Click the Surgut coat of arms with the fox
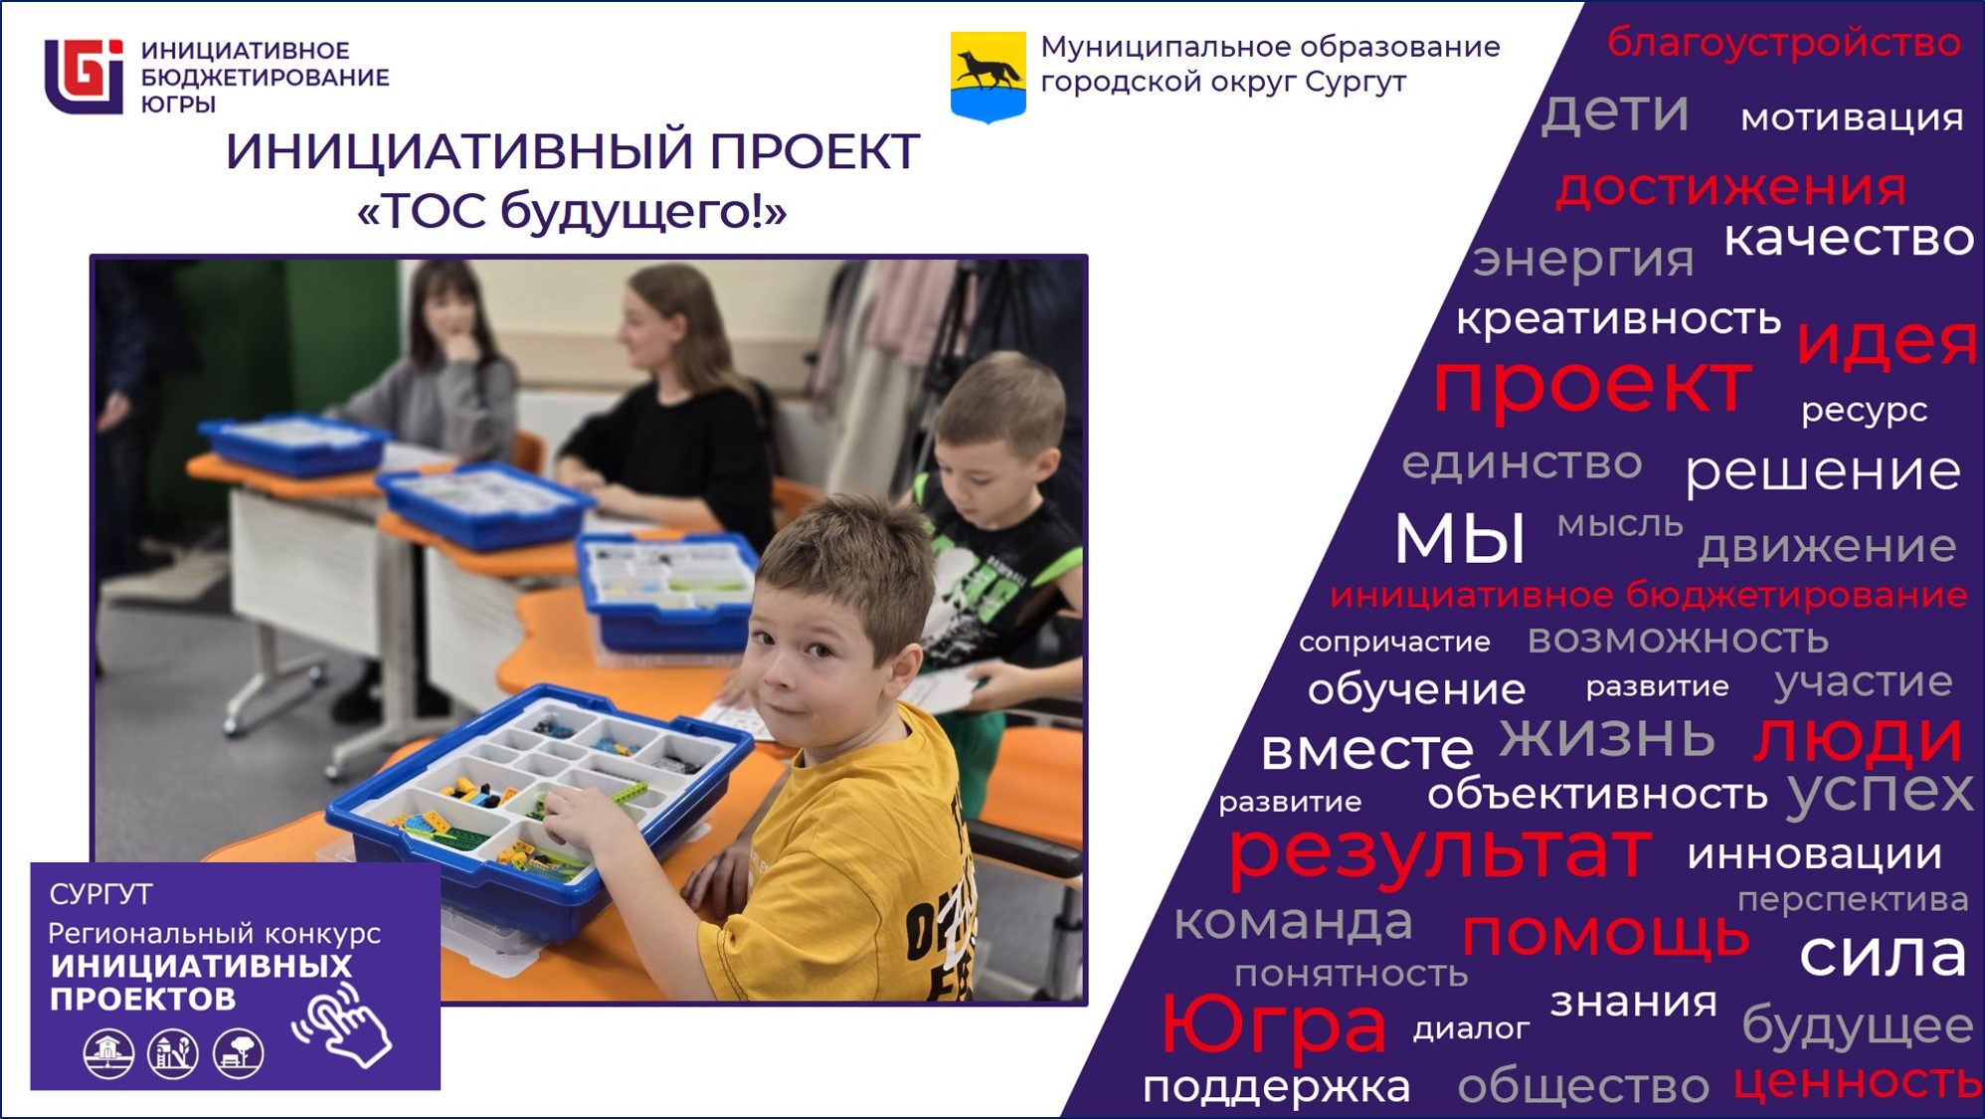point(988,77)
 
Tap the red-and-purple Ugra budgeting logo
point(84,77)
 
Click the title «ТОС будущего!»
point(572,211)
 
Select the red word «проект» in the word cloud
point(1591,384)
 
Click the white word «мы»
point(1460,538)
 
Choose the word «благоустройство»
point(1783,43)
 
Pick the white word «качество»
point(1849,238)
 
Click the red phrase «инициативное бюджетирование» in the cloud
point(1648,595)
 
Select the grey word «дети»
point(1615,111)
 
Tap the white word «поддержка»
point(1276,1087)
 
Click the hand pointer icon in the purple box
point(343,1025)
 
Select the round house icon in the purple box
point(108,1053)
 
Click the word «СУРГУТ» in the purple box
point(100,894)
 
